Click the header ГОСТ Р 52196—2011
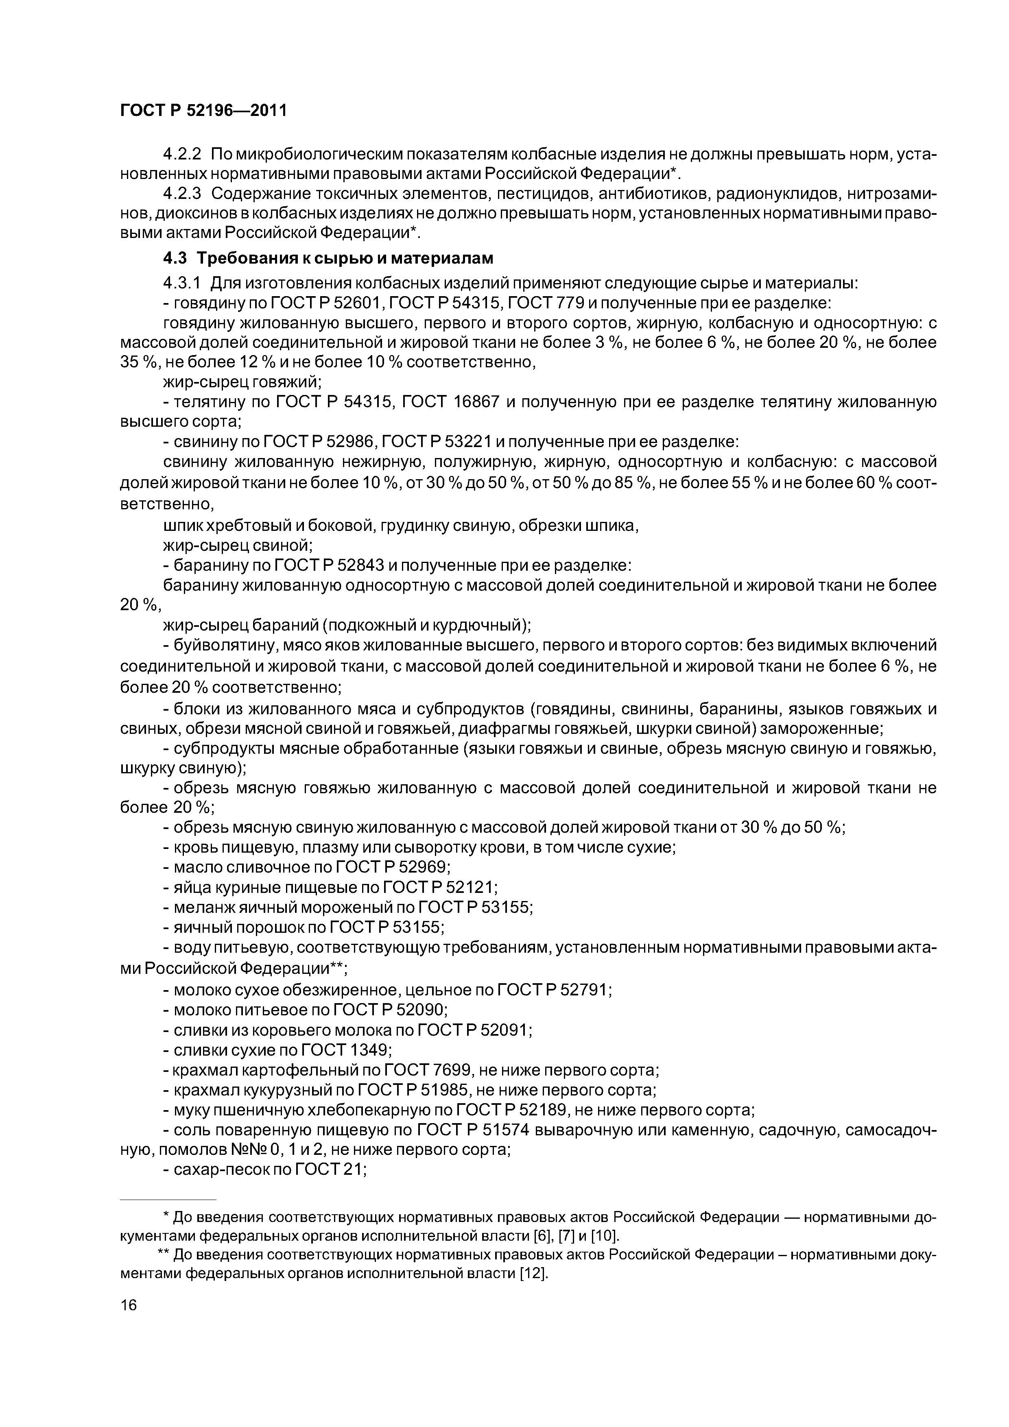coord(203,111)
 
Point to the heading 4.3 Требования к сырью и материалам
coord(328,258)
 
